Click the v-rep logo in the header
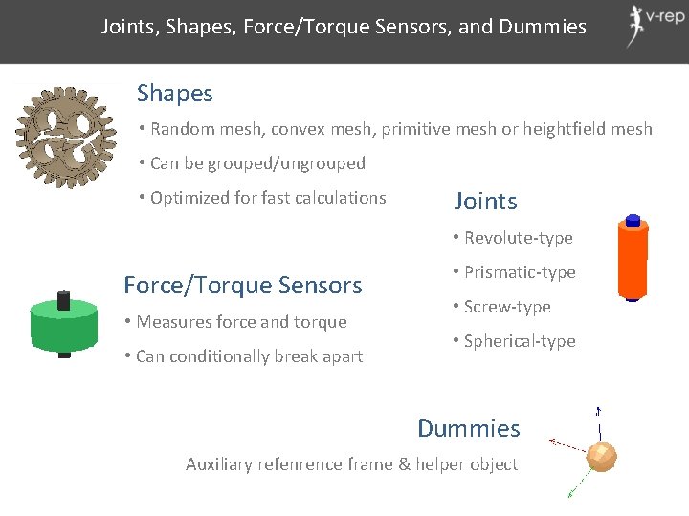(x=650, y=25)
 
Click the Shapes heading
(x=175, y=93)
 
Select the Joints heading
(x=485, y=201)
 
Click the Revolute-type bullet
(x=518, y=238)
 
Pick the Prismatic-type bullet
(x=520, y=272)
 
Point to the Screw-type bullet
(x=507, y=307)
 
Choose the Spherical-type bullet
(x=520, y=341)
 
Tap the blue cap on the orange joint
(x=632, y=221)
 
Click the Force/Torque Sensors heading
(x=243, y=285)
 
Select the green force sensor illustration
(x=63, y=326)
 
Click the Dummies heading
(x=469, y=428)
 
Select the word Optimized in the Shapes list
(x=189, y=198)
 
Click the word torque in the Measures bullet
(x=322, y=322)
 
